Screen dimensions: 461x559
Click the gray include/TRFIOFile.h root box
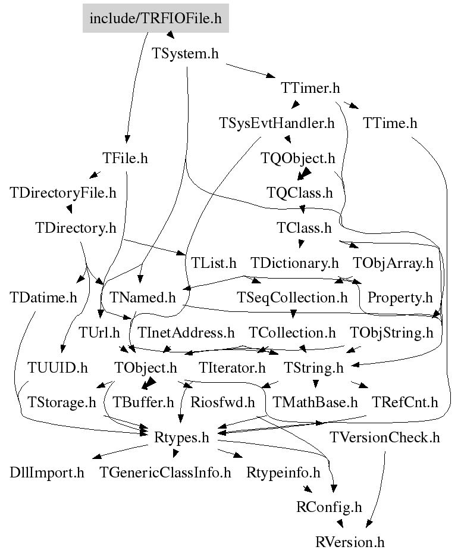point(156,18)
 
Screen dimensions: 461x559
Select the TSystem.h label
point(185,54)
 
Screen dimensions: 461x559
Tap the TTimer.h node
point(311,88)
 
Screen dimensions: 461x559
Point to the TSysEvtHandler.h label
point(277,123)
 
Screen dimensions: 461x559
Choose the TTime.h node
point(390,123)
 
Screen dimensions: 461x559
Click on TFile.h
point(125,158)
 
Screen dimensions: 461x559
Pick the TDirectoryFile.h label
point(63,193)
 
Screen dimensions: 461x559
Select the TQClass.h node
point(300,193)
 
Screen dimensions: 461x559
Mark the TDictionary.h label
point(294,263)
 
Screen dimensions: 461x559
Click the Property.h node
point(400,298)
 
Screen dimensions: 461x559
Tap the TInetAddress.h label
point(186,333)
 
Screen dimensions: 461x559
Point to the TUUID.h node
point(58,367)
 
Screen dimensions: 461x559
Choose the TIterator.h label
point(232,367)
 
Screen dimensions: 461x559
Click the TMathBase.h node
point(315,402)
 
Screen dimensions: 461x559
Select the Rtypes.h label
point(181,438)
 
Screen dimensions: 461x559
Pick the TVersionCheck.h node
point(385,438)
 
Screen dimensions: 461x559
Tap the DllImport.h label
point(47,473)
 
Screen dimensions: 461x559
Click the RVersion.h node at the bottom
point(350,542)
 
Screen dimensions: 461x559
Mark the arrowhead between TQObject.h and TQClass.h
point(303,174)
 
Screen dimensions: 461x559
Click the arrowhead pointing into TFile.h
point(127,139)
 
